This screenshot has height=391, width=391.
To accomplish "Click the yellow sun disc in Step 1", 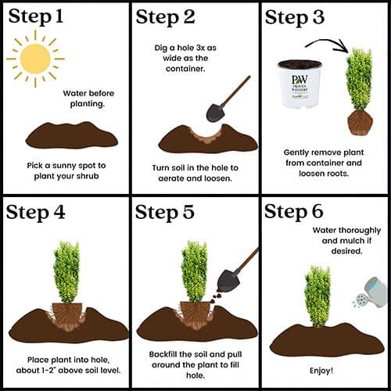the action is tap(35, 59).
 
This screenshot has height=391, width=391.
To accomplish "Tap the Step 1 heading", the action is tap(36, 16).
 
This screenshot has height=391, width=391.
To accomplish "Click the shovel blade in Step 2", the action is tap(215, 113).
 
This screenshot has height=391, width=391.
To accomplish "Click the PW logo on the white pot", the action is tap(300, 80).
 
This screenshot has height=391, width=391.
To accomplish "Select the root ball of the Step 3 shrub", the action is tap(360, 123).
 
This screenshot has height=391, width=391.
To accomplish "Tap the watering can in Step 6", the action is tap(371, 292).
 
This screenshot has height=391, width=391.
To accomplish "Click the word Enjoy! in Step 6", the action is tap(321, 371).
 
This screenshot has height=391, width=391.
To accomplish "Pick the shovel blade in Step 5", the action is tap(228, 281).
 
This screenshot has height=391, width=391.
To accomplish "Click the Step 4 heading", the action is tap(35, 212).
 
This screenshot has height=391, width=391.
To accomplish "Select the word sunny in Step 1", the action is tap(64, 166).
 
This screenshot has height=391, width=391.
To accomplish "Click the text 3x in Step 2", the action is tap(200, 48).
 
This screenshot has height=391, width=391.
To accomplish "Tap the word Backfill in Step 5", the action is tap(163, 354).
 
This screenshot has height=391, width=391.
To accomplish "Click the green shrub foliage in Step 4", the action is tap(66, 272).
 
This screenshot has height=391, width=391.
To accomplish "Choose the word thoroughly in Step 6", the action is tap(360, 231).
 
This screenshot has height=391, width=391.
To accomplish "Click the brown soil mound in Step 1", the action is tap(72, 135).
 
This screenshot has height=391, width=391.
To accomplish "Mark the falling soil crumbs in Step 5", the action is tap(217, 297).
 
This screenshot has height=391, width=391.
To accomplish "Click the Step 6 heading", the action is tap(294, 211).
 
